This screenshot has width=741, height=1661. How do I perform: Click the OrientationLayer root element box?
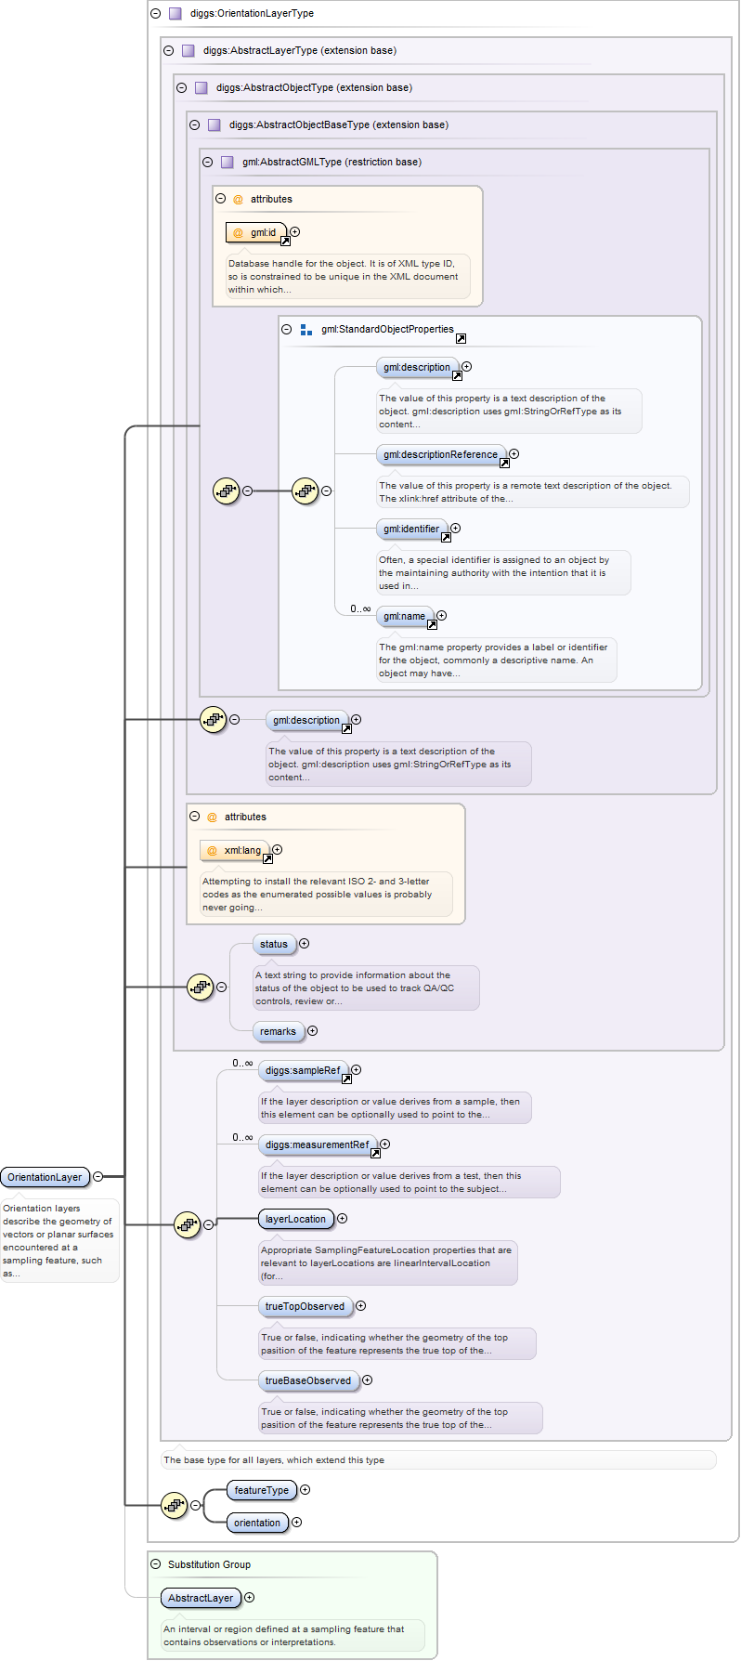(45, 1177)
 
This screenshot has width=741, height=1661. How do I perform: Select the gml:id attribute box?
(256, 232)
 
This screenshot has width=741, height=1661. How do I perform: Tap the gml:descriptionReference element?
(441, 454)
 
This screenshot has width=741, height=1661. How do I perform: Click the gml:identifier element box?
(411, 529)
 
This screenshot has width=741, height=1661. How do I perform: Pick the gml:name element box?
(405, 616)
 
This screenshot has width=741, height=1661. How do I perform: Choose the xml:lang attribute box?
(235, 850)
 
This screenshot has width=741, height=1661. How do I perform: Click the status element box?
(274, 944)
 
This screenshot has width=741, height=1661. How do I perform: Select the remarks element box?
(278, 1031)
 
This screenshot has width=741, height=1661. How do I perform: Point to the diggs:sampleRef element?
(303, 1070)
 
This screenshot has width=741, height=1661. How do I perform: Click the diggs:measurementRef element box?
(318, 1144)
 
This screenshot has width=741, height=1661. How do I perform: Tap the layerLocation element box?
(295, 1219)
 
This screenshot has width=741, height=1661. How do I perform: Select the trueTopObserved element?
(305, 1306)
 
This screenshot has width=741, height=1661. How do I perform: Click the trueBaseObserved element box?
(308, 1380)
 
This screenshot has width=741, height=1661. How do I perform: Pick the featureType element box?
(261, 1490)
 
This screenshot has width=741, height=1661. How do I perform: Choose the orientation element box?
(257, 1523)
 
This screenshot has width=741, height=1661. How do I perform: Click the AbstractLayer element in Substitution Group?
(201, 1598)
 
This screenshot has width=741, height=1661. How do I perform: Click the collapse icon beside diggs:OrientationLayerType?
(155, 14)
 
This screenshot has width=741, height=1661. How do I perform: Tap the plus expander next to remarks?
(312, 1031)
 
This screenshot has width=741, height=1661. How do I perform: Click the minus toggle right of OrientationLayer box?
(98, 1177)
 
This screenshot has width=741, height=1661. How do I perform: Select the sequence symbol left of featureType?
(175, 1505)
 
